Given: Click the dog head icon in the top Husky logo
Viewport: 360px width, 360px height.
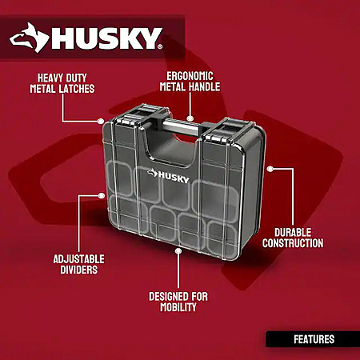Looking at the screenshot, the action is coord(30,38).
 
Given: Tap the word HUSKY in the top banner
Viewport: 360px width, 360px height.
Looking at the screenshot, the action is coord(106,38).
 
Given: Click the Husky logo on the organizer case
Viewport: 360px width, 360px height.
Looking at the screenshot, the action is coord(169,176).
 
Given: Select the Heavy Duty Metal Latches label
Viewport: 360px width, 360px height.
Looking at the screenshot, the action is coord(62,83).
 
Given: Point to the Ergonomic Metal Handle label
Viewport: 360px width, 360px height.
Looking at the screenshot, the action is coord(190,82).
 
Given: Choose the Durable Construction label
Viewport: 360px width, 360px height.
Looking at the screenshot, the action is coord(293,238).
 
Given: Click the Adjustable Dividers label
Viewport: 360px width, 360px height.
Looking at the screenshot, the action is coord(78,264).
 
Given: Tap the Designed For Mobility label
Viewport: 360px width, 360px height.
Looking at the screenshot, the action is coord(178,302).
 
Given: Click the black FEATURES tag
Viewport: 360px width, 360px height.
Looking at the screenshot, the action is coord(313,339).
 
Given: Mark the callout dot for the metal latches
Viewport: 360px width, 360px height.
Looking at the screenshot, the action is coord(101,121).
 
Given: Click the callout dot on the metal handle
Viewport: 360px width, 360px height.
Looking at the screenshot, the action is coord(190,118).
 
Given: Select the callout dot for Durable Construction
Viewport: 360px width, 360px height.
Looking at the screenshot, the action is coord(270,169).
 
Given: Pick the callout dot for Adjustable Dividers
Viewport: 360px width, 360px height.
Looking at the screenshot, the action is coord(101,196).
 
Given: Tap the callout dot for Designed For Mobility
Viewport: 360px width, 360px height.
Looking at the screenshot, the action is coord(178,251).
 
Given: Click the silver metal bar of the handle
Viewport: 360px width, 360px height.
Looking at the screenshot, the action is coord(182,127).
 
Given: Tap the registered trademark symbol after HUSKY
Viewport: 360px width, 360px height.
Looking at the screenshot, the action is coord(160,47).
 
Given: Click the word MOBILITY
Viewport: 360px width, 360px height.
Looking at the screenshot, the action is coord(178,307).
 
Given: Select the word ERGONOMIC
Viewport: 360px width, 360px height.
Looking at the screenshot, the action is coord(190,76).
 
